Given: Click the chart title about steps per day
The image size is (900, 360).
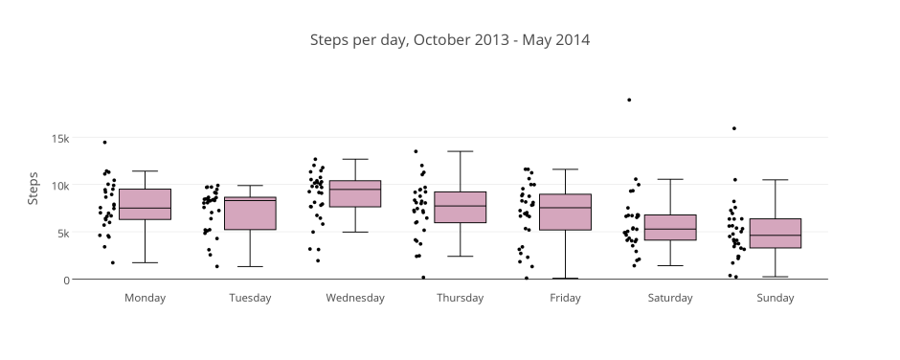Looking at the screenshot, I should click(450, 40).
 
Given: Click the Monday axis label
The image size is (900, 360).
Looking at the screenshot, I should click(145, 298).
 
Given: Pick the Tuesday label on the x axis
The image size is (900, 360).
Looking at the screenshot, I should click(250, 298).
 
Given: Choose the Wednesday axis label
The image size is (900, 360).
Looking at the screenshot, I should click(355, 298).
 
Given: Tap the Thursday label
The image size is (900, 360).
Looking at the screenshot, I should click(460, 298).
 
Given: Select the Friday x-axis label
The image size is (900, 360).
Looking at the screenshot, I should click(565, 298).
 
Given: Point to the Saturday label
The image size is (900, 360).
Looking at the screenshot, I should click(670, 298).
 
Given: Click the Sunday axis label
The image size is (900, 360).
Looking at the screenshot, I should click(776, 298).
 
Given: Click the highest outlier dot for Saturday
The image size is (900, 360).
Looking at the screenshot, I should click(629, 100).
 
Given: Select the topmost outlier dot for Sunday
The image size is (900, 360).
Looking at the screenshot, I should click(734, 128).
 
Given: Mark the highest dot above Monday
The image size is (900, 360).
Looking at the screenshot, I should click(104, 143).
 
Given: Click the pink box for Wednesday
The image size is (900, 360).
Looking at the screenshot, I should click(355, 193).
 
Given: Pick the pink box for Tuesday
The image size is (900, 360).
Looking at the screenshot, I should click(250, 214).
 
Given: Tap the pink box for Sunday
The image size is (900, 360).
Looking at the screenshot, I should click(776, 233).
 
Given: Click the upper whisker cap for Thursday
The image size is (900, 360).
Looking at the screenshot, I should click(460, 151).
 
